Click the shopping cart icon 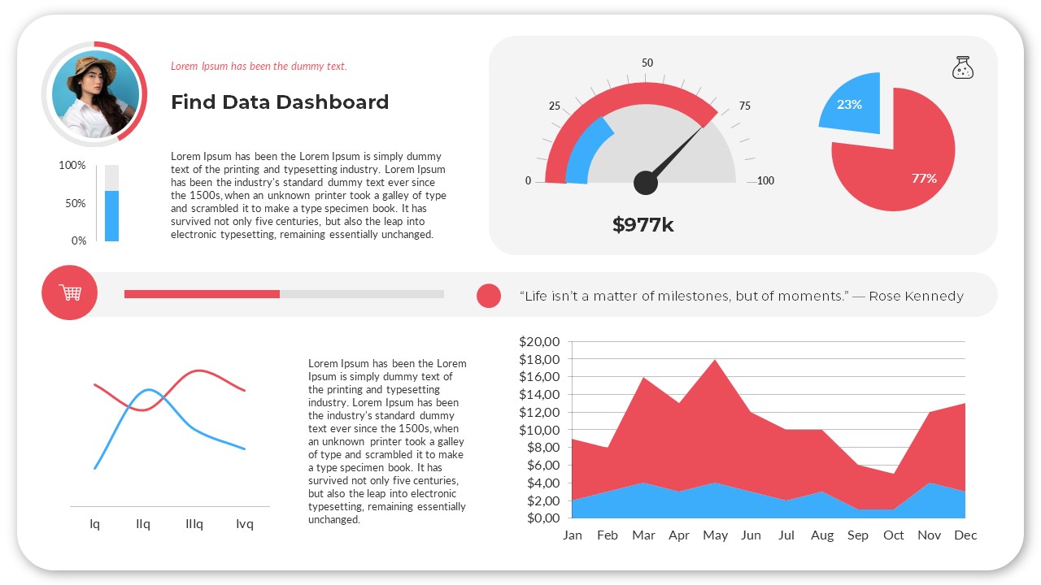pos(70,292)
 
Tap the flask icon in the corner pos(963,67)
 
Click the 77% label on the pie pos(924,178)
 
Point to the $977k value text pos(642,225)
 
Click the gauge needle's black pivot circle pos(645,183)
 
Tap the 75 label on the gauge pos(744,106)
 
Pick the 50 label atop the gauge pos(647,63)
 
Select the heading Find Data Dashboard pos(280,102)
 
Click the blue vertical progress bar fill pos(111,216)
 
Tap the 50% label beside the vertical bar pos(76,203)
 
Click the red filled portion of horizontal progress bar pos(202,293)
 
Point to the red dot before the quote pos(488,296)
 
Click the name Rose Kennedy pos(916,296)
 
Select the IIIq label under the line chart pos(194,524)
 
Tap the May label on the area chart pos(715,535)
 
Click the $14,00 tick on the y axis pos(539,395)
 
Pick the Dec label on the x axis pos(965,535)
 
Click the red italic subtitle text pos(259,67)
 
